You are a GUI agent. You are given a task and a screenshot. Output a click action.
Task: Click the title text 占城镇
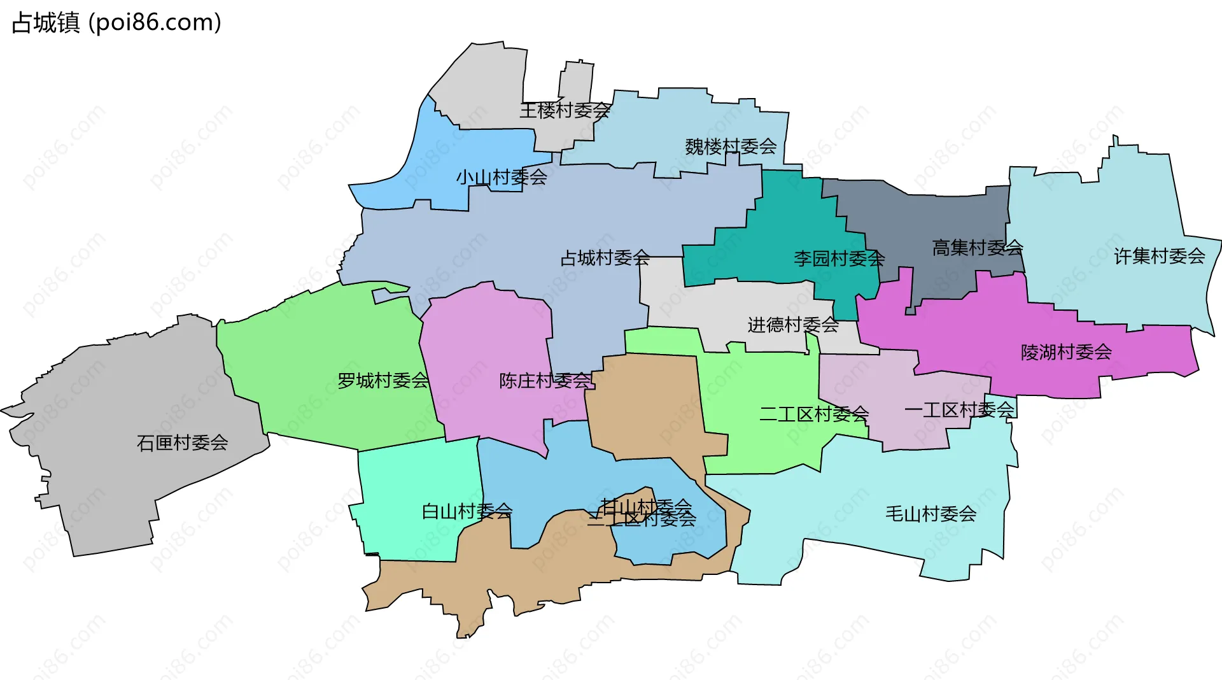[46, 23]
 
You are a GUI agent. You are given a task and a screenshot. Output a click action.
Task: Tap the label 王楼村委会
[565, 111]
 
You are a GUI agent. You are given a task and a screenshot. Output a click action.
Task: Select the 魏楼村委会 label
[731, 147]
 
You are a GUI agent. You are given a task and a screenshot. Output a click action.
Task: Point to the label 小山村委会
[501, 177]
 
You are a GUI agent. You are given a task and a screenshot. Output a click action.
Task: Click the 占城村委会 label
[605, 258]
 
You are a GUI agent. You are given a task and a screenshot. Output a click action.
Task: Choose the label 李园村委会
[839, 259]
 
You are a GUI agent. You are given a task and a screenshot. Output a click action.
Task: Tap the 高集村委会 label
[977, 248]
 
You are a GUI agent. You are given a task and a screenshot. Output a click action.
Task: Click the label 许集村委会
[1159, 256]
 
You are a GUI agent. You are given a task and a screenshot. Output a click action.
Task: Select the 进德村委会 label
[792, 325]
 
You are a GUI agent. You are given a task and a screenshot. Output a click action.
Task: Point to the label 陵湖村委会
[1066, 352]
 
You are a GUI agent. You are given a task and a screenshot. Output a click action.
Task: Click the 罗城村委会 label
[383, 381]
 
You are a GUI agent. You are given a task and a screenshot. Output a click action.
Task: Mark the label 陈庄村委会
[545, 381]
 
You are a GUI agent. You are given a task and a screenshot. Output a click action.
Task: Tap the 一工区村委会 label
[959, 410]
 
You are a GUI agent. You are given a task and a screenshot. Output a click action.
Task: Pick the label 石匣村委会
[182, 443]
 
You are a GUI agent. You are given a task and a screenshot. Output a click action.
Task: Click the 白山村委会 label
[467, 511]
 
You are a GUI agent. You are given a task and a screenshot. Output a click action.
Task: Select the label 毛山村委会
[931, 514]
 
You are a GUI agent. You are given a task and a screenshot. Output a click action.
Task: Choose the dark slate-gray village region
[936, 216]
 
